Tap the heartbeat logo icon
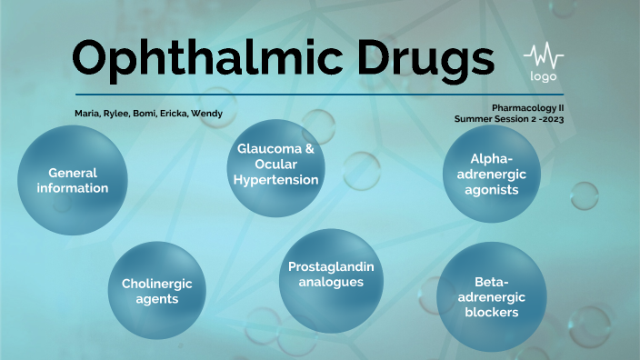coord(544,56)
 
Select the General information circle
coord(73,181)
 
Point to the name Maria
coord(90,114)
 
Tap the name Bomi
coord(146,114)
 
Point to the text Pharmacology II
coord(528,106)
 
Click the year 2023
coord(551,119)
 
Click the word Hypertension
coord(276,180)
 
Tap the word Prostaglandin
coord(331,267)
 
